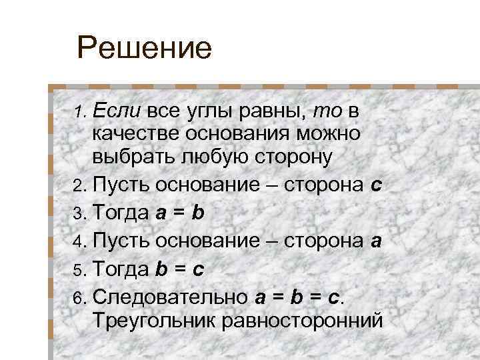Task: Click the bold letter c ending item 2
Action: point(376,184)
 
